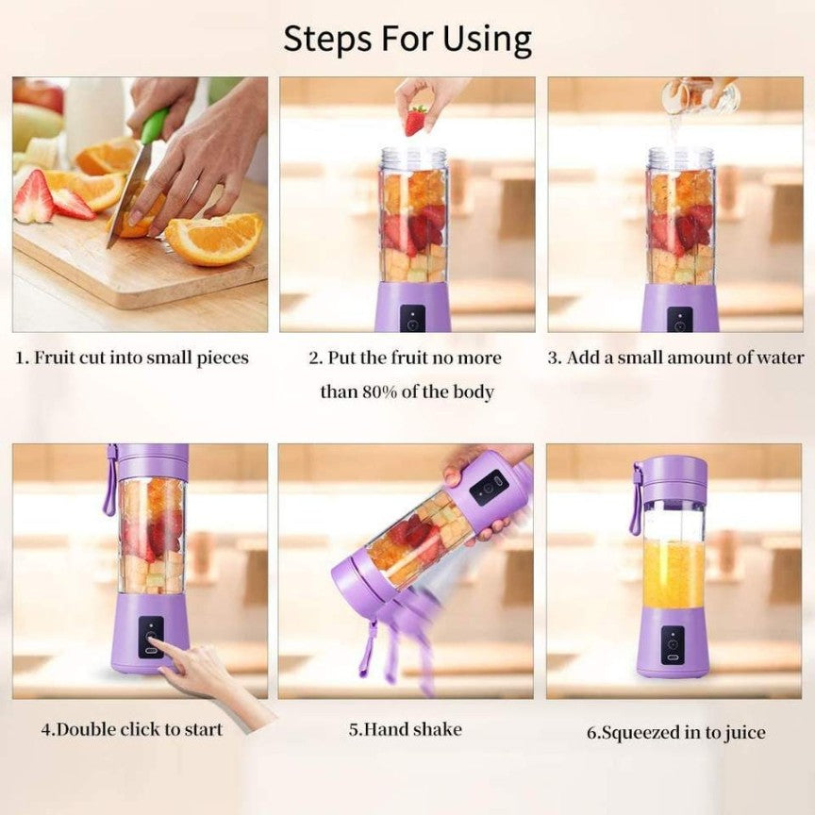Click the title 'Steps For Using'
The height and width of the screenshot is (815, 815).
(407, 40)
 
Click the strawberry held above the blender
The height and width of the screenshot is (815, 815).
(415, 120)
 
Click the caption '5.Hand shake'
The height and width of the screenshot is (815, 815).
(406, 729)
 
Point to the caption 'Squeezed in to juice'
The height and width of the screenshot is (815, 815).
(676, 732)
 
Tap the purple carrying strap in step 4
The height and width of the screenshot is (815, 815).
(111, 481)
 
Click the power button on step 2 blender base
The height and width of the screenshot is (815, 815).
(412, 321)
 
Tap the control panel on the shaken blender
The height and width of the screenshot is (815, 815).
(489, 488)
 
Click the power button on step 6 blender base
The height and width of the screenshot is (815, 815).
(673, 644)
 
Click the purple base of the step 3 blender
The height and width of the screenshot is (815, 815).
(680, 309)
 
